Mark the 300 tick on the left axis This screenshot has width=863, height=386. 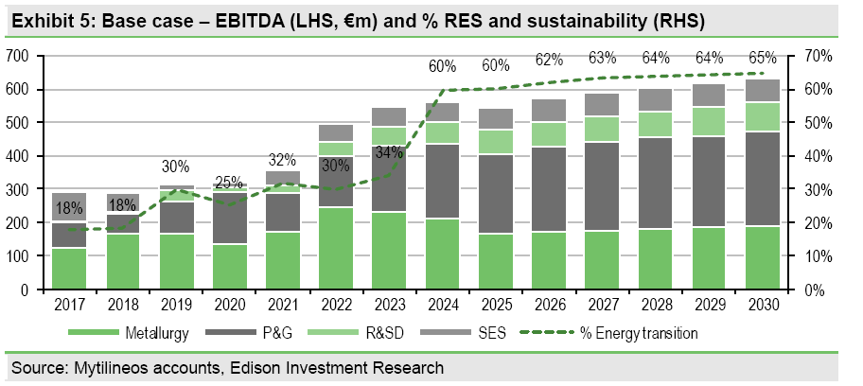pos(18,190)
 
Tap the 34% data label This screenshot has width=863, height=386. pos(389,151)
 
